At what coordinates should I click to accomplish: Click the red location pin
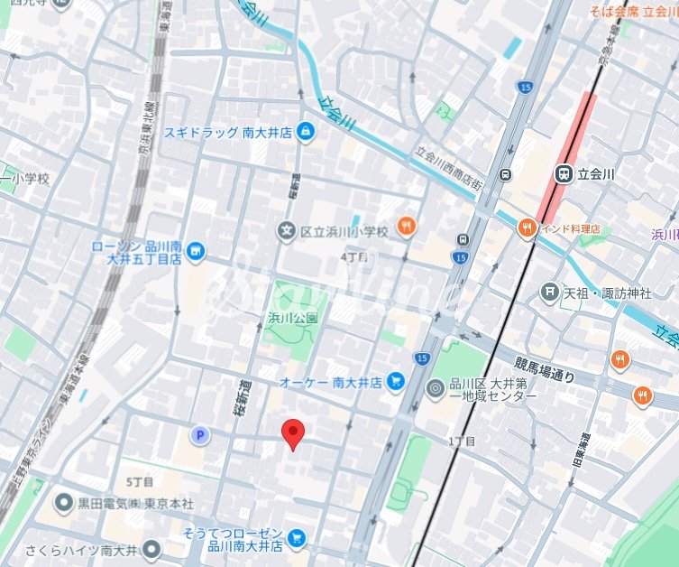(292, 434)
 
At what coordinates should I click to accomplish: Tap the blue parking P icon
(199, 436)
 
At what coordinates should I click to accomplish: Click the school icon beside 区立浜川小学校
(287, 232)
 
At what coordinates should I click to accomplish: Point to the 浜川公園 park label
(293, 318)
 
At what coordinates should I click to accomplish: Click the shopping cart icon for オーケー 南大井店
(395, 382)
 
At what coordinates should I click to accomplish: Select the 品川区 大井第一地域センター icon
(436, 389)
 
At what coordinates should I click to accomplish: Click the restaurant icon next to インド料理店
(527, 228)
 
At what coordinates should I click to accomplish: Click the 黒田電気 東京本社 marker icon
(64, 502)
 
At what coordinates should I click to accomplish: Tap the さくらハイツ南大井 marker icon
(151, 548)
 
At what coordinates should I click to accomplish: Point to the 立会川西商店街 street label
(448, 168)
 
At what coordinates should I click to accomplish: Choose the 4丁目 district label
(354, 258)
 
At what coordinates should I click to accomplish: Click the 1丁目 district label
(461, 441)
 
